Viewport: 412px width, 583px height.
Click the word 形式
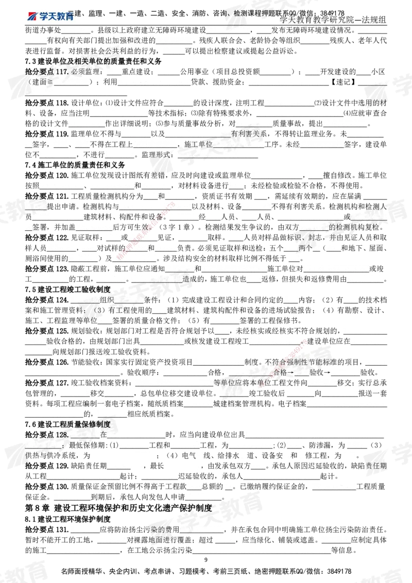point(168,153)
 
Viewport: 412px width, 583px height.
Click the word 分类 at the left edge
point(32,196)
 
